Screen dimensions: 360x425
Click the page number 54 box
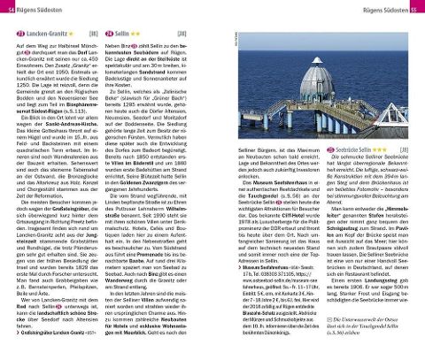[9, 8]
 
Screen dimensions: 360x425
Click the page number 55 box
[416, 8]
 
